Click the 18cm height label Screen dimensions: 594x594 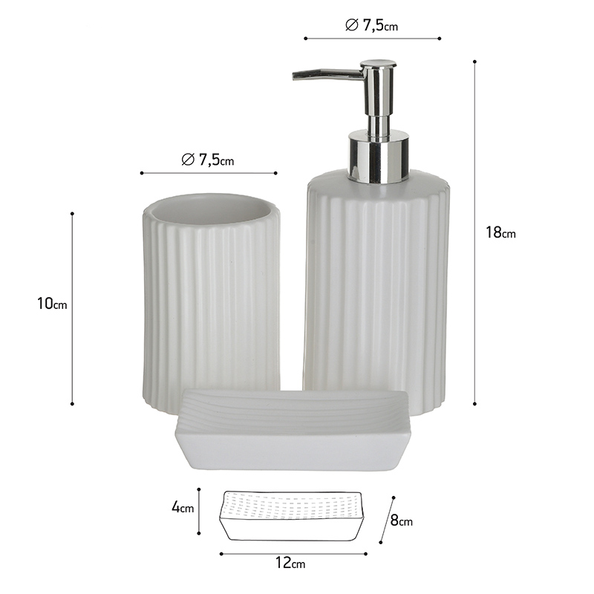[x=500, y=232]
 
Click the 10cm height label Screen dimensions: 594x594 [x=52, y=304]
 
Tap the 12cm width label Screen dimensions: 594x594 [x=290, y=563]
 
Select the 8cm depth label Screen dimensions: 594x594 [x=401, y=521]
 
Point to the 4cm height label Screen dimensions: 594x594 [x=183, y=507]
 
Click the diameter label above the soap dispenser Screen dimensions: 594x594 [x=372, y=25]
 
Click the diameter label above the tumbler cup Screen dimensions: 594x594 [x=208, y=160]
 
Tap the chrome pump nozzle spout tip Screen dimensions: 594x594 [x=294, y=76]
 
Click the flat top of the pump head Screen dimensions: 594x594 [x=376, y=62]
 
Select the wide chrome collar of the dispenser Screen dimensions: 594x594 [x=379, y=156]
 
